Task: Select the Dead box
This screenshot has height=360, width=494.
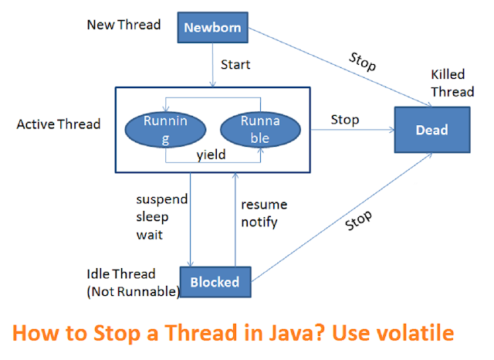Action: [x=431, y=131]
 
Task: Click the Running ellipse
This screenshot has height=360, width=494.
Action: [x=165, y=130]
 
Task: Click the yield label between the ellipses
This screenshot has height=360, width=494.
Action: [x=210, y=154]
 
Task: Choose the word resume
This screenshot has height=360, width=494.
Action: [x=264, y=205]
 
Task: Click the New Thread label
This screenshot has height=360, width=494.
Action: [x=124, y=25]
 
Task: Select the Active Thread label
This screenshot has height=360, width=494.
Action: [x=59, y=124]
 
